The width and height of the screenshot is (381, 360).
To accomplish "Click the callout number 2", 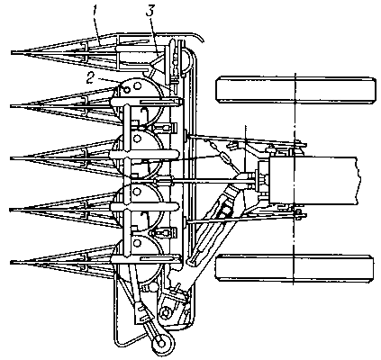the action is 89,77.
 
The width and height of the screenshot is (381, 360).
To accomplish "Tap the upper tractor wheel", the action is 295,90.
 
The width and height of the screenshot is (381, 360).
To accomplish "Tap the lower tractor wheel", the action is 295,268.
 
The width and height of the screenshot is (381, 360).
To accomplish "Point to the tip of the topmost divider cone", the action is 12,53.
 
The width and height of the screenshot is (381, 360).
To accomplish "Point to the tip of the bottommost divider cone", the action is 12,263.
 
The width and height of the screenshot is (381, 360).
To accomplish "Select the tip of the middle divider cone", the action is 12,157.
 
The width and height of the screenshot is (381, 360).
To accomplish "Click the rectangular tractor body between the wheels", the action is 313,181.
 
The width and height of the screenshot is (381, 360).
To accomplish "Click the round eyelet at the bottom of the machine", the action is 163,342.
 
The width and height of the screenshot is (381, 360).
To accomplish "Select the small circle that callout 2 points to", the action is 127,89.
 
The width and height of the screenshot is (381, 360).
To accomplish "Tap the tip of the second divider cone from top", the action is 12,105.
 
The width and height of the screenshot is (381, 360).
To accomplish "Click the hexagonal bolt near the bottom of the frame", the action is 165,313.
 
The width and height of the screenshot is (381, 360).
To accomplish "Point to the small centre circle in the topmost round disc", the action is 138,86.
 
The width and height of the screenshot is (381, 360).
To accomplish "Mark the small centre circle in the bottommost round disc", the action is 138,243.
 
